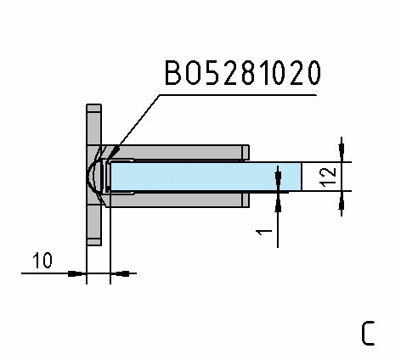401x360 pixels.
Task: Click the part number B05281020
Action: tap(243, 73)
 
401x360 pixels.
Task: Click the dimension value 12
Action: tap(328, 177)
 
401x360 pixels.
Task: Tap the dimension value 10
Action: tap(42, 261)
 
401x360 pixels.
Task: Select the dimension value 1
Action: tap(264, 233)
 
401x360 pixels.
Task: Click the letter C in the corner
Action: tap(368, 333)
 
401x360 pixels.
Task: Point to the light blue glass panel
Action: tap(206, 177)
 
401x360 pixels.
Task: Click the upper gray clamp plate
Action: tap(174, 152)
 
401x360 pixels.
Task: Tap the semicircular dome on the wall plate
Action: tap(93, 177)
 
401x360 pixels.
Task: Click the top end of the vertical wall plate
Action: tap(93, 104)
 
